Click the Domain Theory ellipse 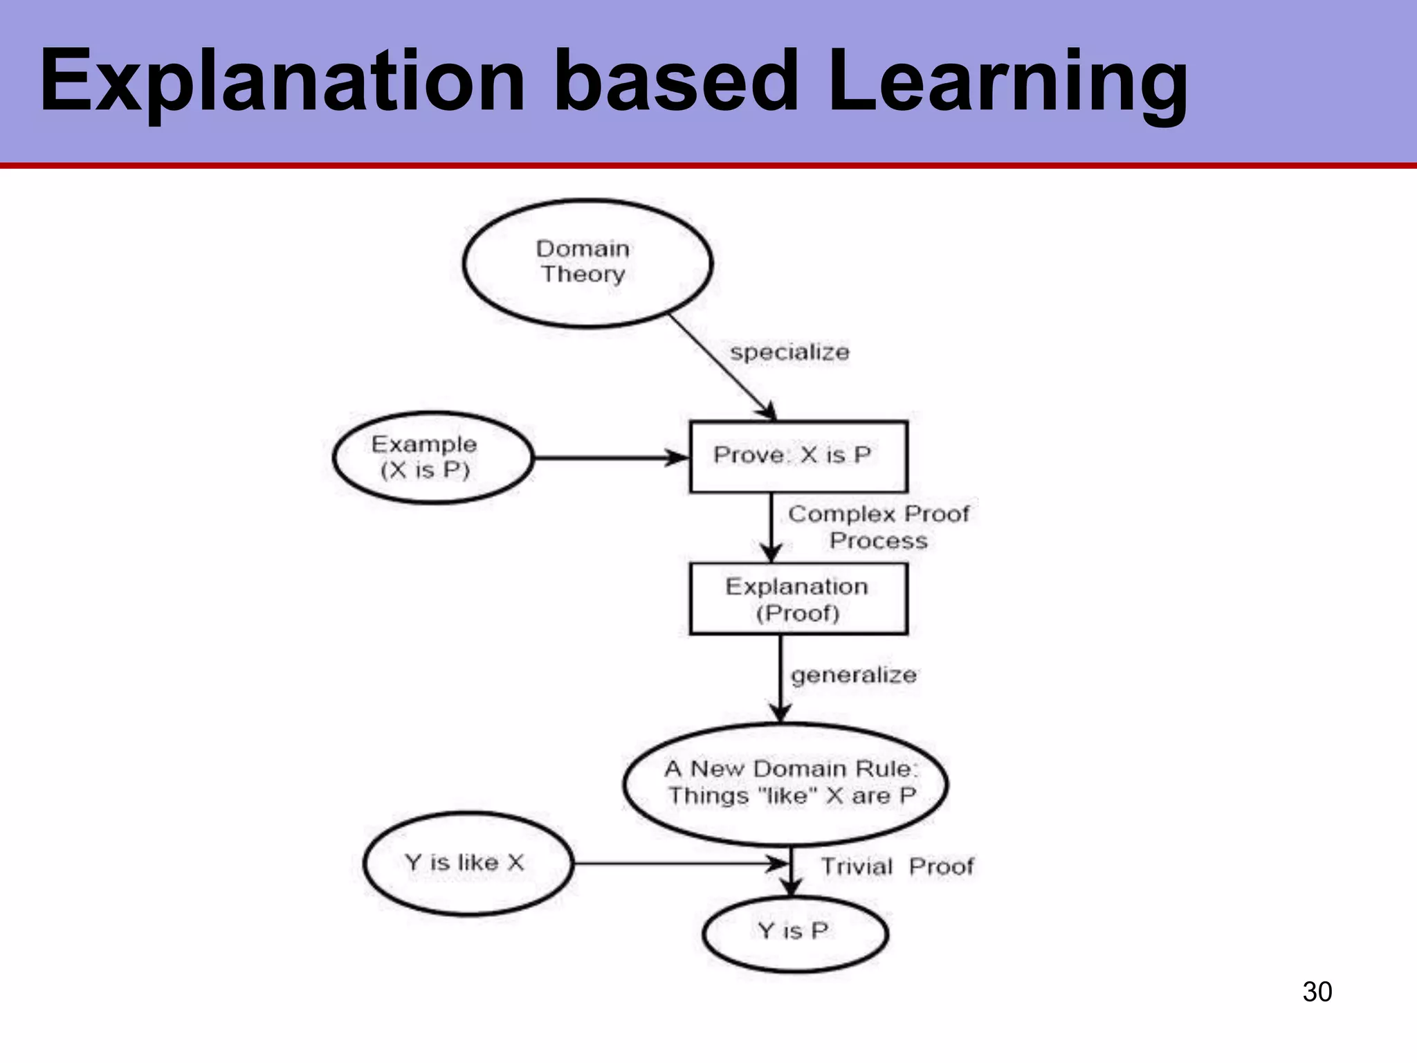pos(587,262)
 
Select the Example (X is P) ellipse pos(433,457)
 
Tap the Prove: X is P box pos(798,457)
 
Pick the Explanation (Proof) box pos(798,599)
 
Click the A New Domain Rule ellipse pos(786,784)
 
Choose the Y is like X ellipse pos(468,863)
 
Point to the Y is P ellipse pos(795,933)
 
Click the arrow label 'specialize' pos(789,352)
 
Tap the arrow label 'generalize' pos(854,675)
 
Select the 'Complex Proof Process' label pos(879,527)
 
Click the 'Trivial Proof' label pos(897,866)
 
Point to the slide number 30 pos(1317,992)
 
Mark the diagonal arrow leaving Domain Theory pos(722,367)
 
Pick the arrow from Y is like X pos(678,864)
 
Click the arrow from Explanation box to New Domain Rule pos(781,678)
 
